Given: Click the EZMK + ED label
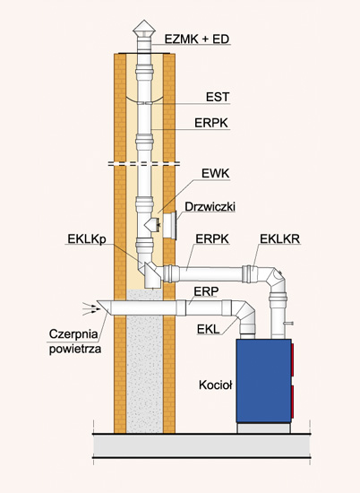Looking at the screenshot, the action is pyautogui.click(x=197, y=39).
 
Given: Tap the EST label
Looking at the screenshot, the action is pyautogui.click(x=218, y=97).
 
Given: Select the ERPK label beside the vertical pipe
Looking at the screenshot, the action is pyautogui.click(x=211, y=123).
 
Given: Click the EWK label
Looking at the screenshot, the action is pyautogui.click(x=216, y=174).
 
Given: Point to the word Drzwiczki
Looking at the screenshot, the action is pyautogui.click(x=210, y=207).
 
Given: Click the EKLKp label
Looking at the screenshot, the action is pyautogui.click(x=87, y=239).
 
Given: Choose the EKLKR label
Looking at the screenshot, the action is pyautogui.click(x=280, y=239).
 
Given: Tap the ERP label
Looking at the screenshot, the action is pyautogui.click(x=206, y=291).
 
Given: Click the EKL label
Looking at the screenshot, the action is pyautogui.click(x=208, y=329).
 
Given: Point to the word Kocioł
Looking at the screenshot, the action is pyautogui.click(x=216, y=385).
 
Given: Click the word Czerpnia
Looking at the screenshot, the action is pyautogui.click(x=73, y=334).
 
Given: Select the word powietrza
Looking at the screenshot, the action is pyautogui.click(x=75, y=349).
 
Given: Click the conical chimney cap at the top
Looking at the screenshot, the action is pyautogui.click(x=144, y=29).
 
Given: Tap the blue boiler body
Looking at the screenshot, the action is pyautogui.click(x=263, y=381).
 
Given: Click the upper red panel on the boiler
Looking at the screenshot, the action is pyautogui.click(x=292, y=360).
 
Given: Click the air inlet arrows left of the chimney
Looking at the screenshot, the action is pyautogui.click(x=91, y=309).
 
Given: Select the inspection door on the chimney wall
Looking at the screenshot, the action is pyautogui.click(x=170, y=225).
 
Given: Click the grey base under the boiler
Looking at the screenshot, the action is pyautogui.click(x=263, y=428).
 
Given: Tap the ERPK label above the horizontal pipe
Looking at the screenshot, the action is pyautogui.click(x=212, y=239).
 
